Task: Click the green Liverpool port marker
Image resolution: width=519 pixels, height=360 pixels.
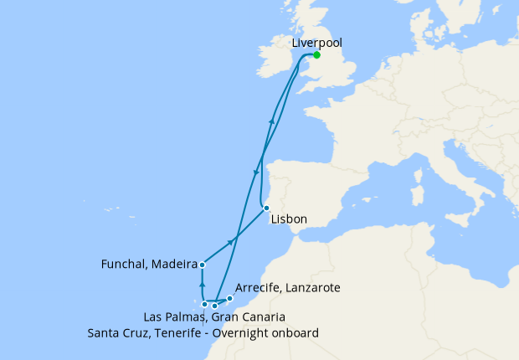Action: tap(316, 55)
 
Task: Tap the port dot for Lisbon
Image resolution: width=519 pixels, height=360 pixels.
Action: tap(265, 208)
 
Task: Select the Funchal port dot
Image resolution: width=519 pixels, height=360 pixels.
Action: tap(203, 265)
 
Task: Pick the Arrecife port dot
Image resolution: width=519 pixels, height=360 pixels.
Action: tap(229, 298)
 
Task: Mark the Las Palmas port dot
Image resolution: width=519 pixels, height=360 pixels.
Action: tap(215, 306)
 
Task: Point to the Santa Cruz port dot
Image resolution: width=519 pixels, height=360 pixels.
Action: tap(204, 304)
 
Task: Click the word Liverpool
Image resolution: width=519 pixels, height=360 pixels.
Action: tap(316, 42)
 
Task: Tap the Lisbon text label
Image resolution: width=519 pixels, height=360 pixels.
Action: tap(289, 219)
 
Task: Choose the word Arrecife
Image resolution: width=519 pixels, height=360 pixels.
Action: tap(260, 287)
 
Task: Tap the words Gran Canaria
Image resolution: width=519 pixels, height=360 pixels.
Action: tap(249, 317)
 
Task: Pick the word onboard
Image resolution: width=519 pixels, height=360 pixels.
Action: tap(292, 332)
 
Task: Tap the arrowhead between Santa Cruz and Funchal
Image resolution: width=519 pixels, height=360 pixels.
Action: tap(203, 285)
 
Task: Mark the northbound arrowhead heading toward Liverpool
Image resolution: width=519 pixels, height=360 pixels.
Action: tap(271, 121)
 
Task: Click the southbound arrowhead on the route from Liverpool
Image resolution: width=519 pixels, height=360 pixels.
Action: tap(254, 172)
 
